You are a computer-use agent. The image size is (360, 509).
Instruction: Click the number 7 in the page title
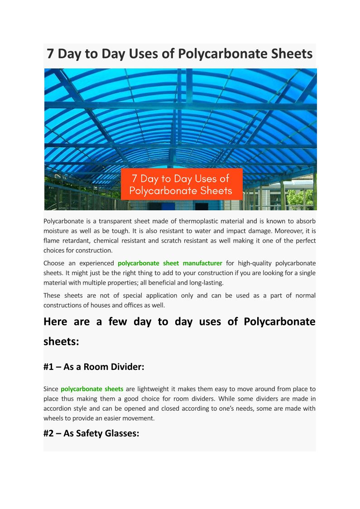tap(51, 54)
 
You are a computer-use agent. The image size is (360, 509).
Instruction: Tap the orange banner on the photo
tap(181, 184)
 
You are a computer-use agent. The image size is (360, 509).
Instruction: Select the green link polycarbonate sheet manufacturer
tap(170, 263)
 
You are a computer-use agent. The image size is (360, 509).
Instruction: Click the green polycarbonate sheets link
tap(92, 389)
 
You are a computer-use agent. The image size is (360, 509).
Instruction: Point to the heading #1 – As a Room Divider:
tap(94, 367)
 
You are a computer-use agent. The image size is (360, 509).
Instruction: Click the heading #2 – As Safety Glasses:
tap(91, 433)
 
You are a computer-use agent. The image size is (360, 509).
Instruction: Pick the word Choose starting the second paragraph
tap(53, 263)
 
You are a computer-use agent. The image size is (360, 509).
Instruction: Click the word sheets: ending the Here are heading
tap(61, 341)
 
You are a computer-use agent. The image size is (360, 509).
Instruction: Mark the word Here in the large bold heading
tap(55, 321)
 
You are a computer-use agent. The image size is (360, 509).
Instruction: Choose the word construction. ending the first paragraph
tap(94, 250)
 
